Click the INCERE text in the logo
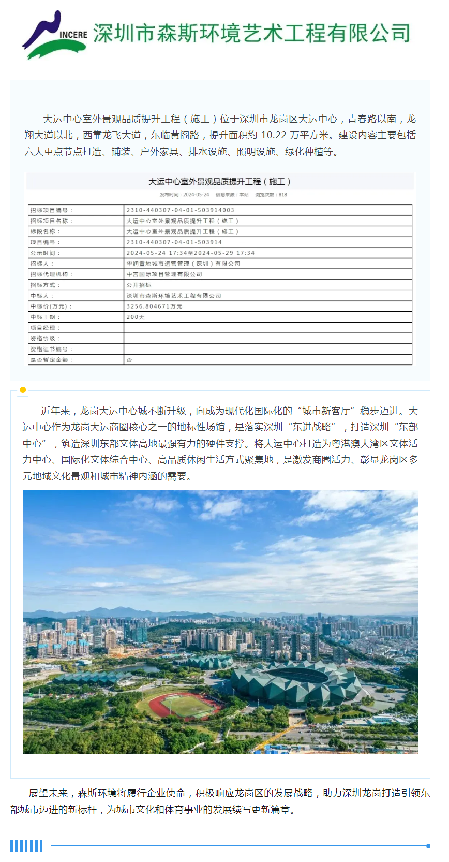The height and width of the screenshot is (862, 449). point(73,35)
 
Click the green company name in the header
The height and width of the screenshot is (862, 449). point(251,33)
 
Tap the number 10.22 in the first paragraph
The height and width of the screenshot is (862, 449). point(274,135)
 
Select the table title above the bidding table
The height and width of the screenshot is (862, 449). point(220,182)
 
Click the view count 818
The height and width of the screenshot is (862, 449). point(282,195)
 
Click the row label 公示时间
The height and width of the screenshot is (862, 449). point(46,253)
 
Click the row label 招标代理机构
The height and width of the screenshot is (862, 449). point(52,274)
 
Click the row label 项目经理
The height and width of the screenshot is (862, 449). point(46,328)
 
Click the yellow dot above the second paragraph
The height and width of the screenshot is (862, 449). point(23,390)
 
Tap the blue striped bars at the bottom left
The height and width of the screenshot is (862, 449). point(26,846)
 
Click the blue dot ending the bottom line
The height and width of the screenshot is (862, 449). point(428,846)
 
